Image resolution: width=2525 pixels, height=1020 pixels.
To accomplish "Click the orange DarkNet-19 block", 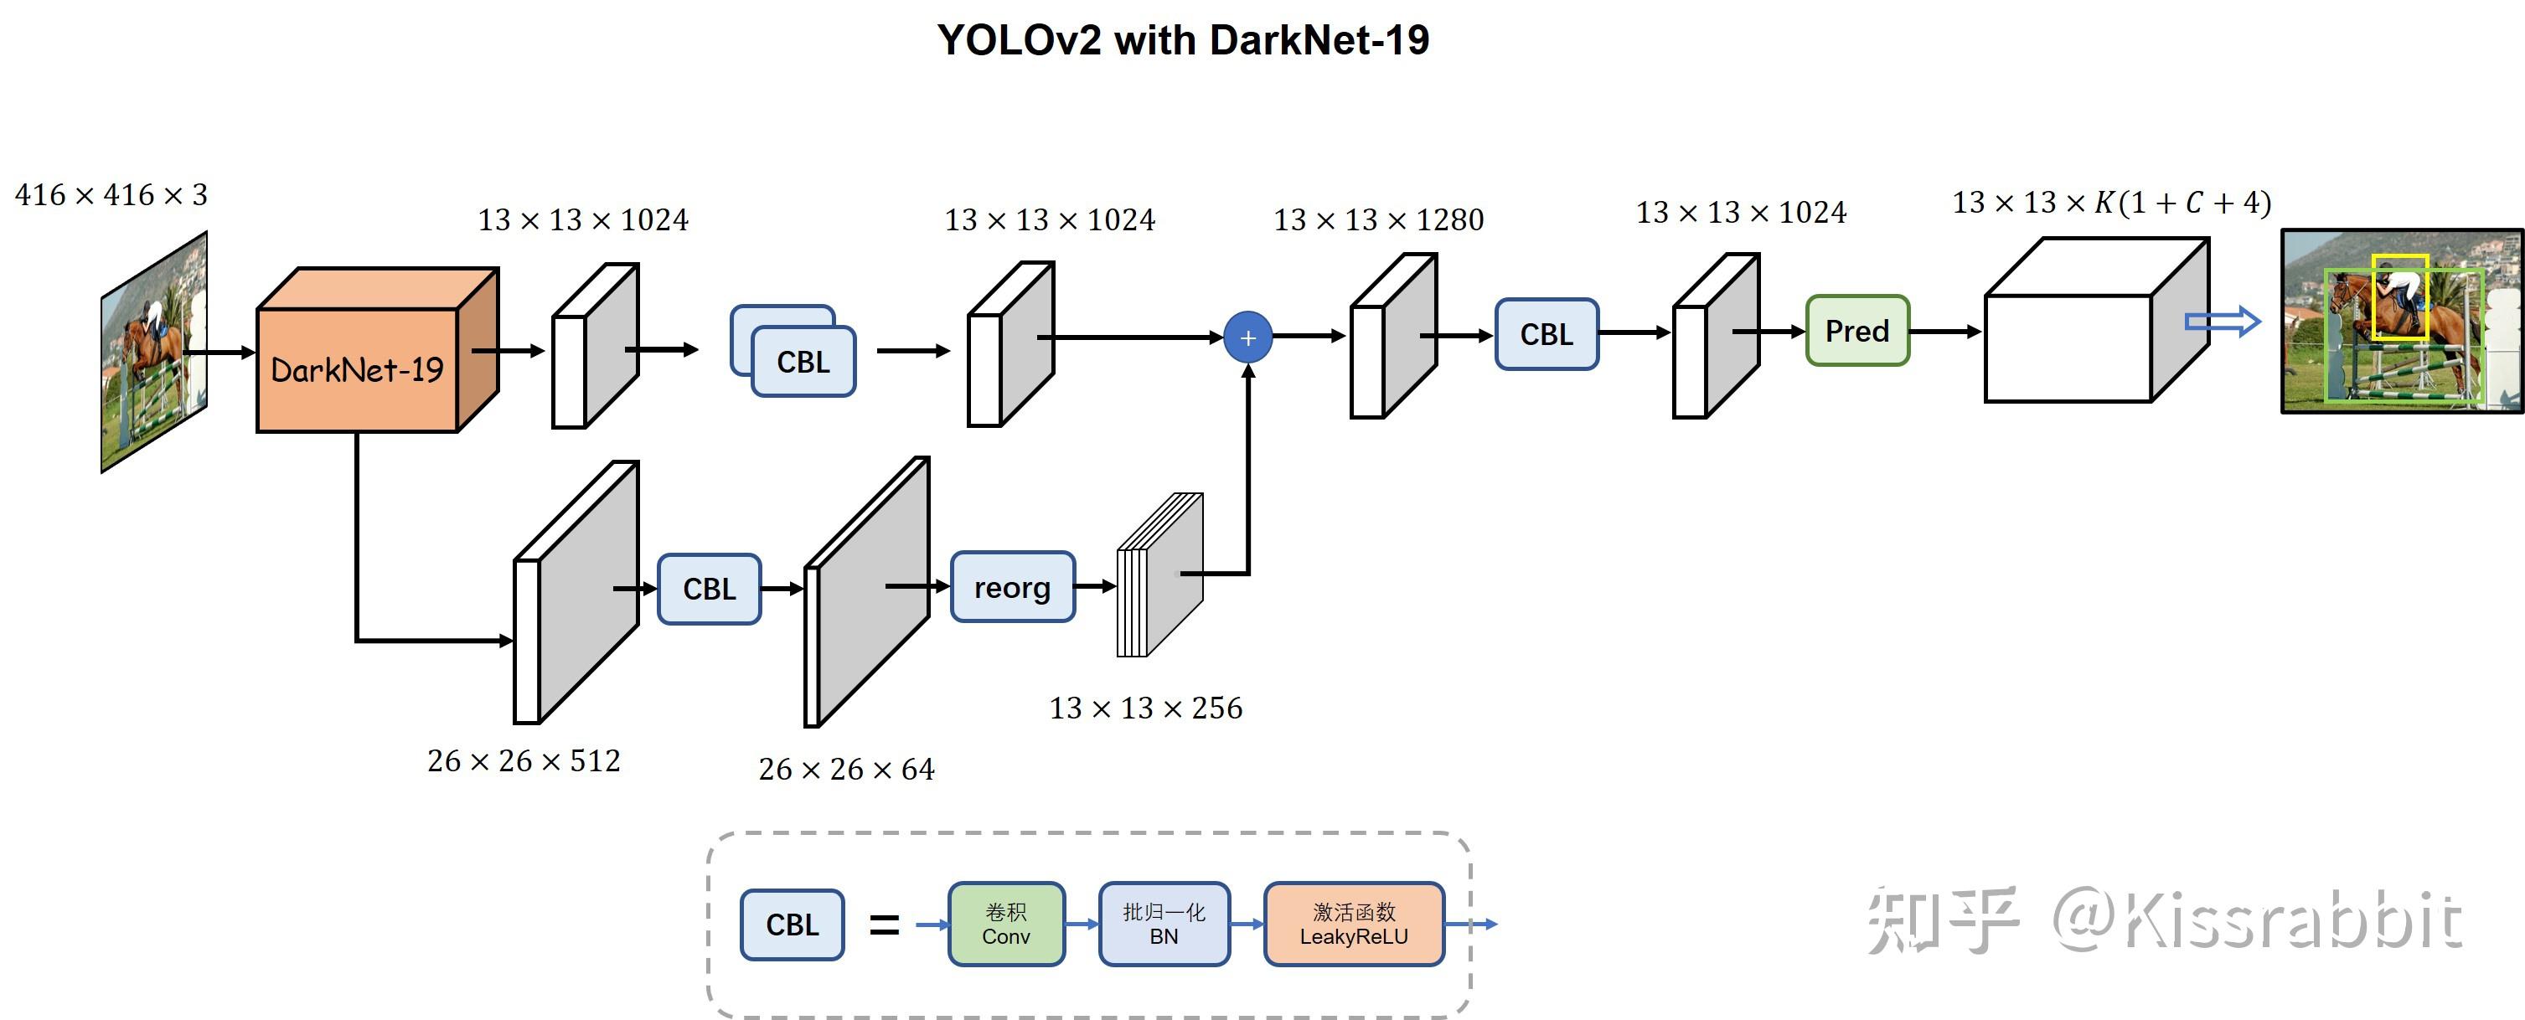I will click(x=358, y=369).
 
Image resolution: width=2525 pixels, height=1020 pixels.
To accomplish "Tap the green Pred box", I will click(x=1856, y=331).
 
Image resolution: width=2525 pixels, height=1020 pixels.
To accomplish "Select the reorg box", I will click(x=1011, y=587).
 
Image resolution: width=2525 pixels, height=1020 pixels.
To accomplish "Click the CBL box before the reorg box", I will click(x=709, y=589).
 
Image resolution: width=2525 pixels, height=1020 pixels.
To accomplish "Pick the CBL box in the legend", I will click(x=791, y=924).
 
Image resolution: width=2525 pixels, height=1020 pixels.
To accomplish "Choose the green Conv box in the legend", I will click(x=1005, y=924).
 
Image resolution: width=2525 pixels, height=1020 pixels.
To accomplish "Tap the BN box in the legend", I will click(x=1164, y=924).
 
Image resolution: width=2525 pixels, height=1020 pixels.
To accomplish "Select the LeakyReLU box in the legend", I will click(x=1354, y=924).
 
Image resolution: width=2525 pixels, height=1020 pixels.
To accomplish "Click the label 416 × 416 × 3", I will click(x=111, y=195).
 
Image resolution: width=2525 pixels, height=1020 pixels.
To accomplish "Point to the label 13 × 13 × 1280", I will click(x=1378, y=219).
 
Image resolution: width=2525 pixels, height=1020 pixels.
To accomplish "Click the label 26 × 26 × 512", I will click(x=524, y=761).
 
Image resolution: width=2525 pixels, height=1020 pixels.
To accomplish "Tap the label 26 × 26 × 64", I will click(x=846, y=769).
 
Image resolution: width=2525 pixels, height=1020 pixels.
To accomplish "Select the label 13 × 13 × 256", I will click(x=1145, y=708).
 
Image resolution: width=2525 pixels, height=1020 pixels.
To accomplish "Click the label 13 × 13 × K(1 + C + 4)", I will click(x=2111, y=203).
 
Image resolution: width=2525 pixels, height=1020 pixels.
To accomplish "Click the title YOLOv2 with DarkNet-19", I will click(x=1183, y=40).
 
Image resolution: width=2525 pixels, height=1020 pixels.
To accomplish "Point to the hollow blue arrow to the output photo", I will click(x=2222, y=322).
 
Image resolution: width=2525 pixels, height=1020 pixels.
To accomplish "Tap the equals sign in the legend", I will click(x=883, y=924).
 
